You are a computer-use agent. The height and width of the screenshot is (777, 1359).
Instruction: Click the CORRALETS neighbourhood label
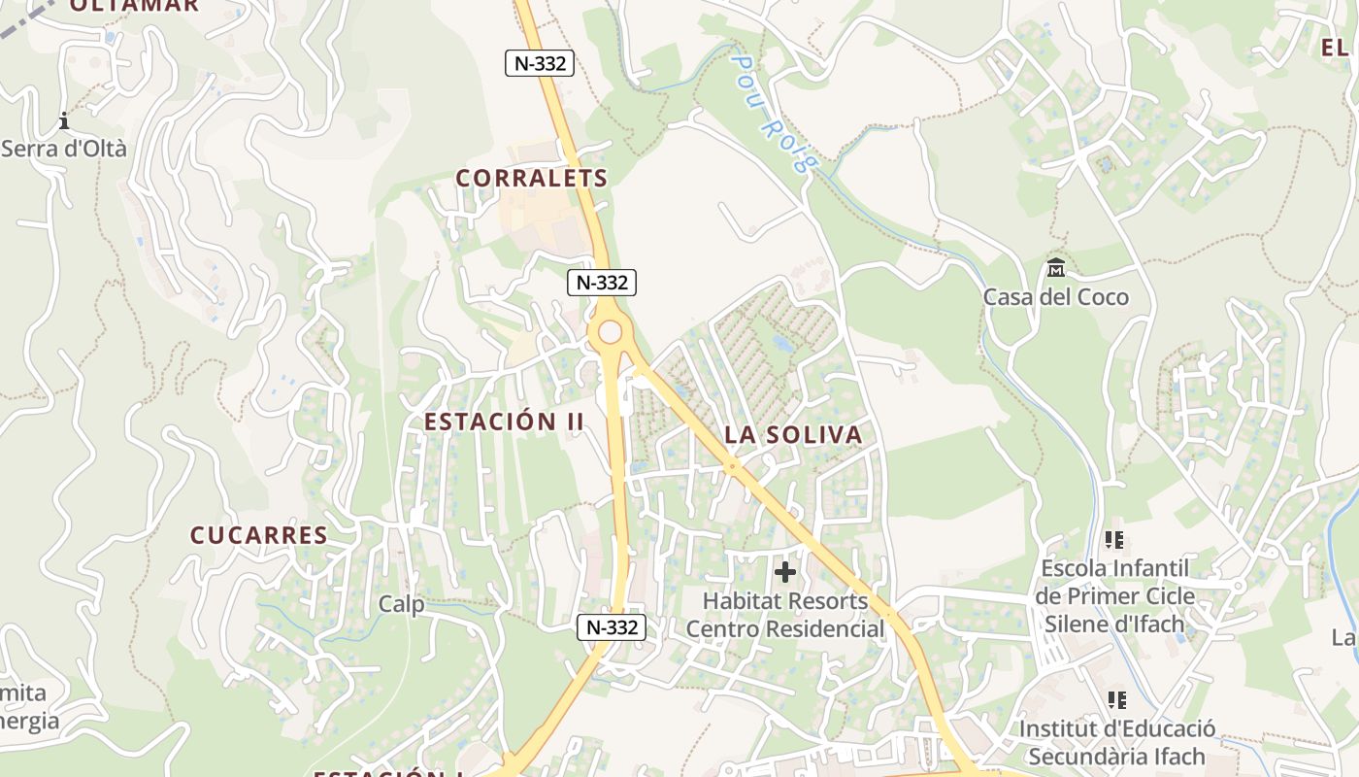[531, 178]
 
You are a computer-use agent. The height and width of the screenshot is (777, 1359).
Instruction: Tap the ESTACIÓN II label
[504, 422]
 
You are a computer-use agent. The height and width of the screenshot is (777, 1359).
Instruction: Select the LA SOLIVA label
[793, 434]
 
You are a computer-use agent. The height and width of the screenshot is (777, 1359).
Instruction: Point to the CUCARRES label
[258, 535]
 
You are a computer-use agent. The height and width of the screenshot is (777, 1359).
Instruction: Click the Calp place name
[401, 604]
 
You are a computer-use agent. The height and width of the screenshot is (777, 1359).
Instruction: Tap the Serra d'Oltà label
[64, 149]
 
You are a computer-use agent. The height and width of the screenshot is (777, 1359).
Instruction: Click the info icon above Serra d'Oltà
[64, 121]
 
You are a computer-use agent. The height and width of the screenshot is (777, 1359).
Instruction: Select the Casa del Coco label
[1056, 296]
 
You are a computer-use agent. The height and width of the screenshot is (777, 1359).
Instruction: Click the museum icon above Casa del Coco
[1056, 267]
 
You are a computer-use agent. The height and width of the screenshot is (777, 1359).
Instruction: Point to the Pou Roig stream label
[770, 112]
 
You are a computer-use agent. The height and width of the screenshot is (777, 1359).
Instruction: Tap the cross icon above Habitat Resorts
[785, 572]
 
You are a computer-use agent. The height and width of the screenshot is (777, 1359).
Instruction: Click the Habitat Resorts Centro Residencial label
[785, 615]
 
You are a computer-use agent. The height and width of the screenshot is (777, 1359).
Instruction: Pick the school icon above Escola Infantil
[1114, 539]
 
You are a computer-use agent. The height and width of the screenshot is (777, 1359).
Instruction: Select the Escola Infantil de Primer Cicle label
[1114, 595]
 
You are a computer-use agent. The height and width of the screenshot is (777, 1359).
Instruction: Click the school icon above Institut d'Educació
[1116, 699]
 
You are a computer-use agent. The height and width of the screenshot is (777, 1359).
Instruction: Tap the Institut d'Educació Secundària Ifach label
[1116, 742]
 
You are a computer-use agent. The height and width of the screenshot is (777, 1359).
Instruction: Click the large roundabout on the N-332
[610, 332]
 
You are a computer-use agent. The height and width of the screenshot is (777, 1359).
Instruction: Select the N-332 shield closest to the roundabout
[601, 283]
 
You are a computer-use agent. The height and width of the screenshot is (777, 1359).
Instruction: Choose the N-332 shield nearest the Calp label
[612, 627]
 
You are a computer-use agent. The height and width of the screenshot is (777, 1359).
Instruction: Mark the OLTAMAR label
[134, 5]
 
